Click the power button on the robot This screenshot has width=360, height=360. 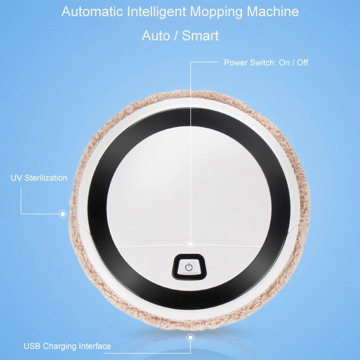pos(189,267)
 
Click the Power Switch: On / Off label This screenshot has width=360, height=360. pos(266,63)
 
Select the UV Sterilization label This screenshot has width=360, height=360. pos(39,178)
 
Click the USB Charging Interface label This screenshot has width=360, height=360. pos(67,346)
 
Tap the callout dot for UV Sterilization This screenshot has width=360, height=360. pos(63,213)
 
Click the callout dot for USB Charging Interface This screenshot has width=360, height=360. pos(191,337)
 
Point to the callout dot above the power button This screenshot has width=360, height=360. pos(191,243)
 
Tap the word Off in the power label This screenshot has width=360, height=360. pos(302,63)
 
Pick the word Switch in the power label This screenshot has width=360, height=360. pos(261,63)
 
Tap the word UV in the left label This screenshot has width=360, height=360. pos(15,178)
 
